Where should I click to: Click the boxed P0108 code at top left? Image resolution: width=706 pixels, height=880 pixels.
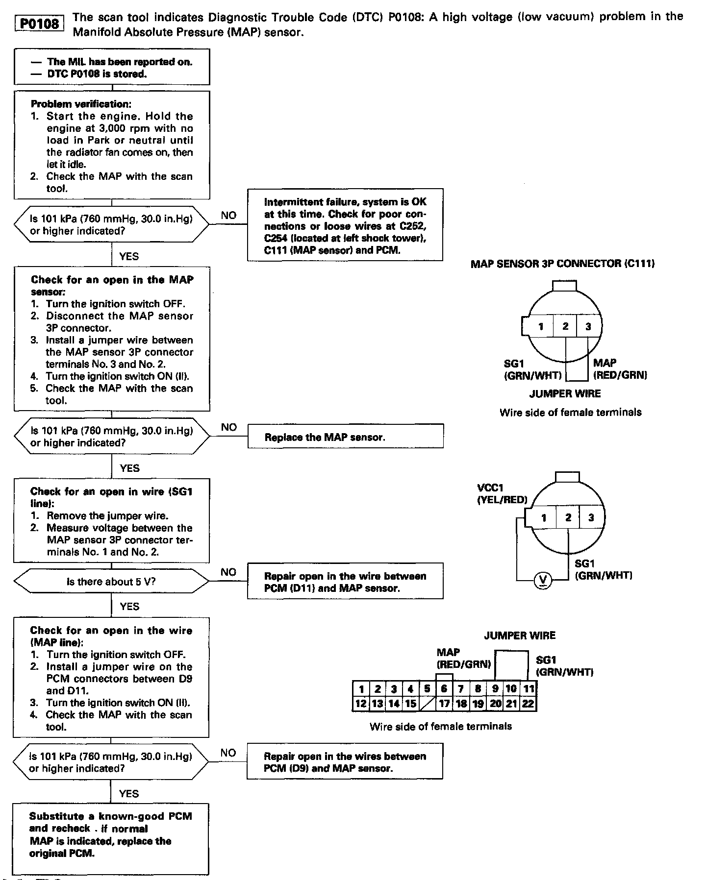pos(40,24)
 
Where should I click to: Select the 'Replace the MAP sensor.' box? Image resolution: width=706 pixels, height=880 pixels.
pos(345,437)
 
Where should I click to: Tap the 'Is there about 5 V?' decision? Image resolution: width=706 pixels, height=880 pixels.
pos(112,582)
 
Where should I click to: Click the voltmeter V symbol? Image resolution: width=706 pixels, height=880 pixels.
pos(542,580)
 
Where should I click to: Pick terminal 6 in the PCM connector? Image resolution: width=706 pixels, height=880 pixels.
pos(444,688)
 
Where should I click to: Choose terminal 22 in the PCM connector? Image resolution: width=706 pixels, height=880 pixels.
pos(528,704)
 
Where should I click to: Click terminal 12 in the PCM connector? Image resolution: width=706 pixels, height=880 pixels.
pos(361,704)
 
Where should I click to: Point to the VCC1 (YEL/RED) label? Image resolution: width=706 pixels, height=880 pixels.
pos(502,494)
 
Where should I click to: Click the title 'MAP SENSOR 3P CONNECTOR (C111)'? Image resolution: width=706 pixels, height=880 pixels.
pos(562,264)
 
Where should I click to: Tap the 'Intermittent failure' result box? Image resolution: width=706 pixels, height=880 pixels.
pos(345,225)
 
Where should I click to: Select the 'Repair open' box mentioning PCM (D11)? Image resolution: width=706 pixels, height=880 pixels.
pos(345,582)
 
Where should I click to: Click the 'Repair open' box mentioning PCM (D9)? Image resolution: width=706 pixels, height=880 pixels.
pos(345,762)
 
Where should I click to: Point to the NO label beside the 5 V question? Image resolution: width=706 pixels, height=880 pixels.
pos(228,572)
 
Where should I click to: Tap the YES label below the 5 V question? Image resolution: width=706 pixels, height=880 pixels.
pos(129,607)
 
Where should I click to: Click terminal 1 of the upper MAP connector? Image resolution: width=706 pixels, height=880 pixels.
pos(541,326)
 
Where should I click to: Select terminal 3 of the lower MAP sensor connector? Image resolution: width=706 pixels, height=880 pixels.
pos(591,517)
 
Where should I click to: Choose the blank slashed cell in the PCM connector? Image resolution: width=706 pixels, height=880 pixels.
pos(428,704)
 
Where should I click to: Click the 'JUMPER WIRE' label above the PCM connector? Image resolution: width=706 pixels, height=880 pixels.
pos(520,636)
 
